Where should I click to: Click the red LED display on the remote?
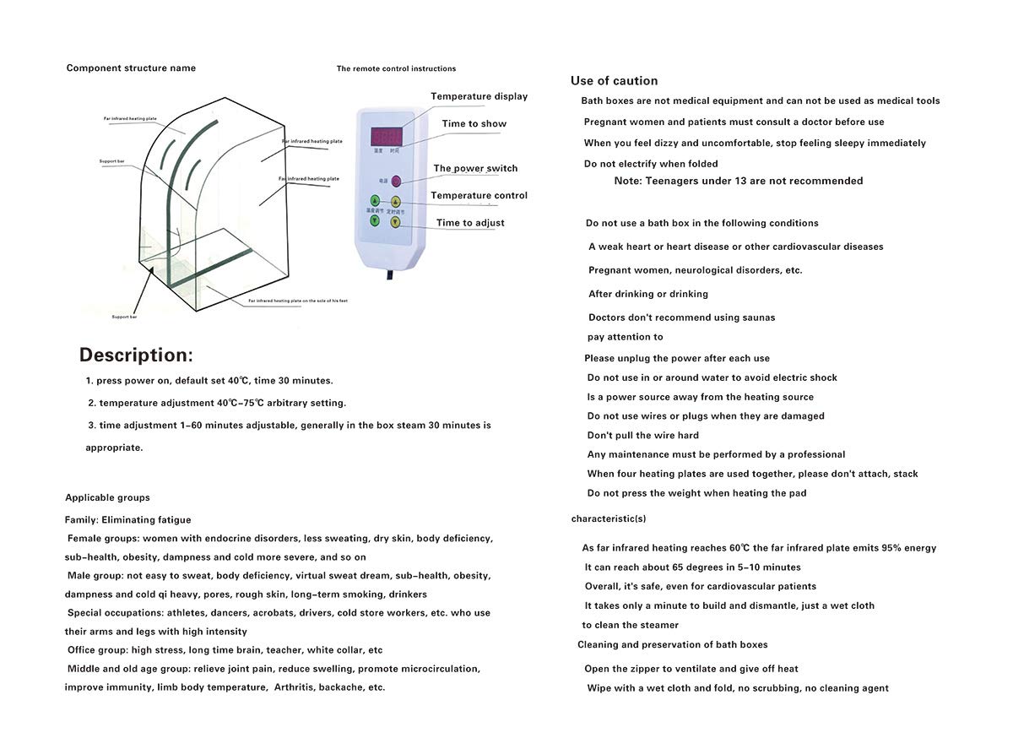pos(387,136)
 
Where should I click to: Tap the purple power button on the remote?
pos(396,180)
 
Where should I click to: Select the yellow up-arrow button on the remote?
pos(396,203)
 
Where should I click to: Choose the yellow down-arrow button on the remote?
pos(396,222)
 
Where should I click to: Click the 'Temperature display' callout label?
pos(479,96)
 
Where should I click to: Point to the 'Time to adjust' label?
pos(470,223)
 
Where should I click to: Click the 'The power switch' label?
pos(475,168)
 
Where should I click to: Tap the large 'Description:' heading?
pos(136,355)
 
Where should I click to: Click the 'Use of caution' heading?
pos(614,81)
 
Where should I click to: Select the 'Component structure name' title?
pos(131,68)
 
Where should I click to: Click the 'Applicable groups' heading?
pos(107,497)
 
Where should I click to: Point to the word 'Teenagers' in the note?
pos(670,181)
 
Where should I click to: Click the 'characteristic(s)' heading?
pos(609,518)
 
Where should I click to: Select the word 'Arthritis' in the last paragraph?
pos(294,687)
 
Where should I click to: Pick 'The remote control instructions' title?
pos(396,68)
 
